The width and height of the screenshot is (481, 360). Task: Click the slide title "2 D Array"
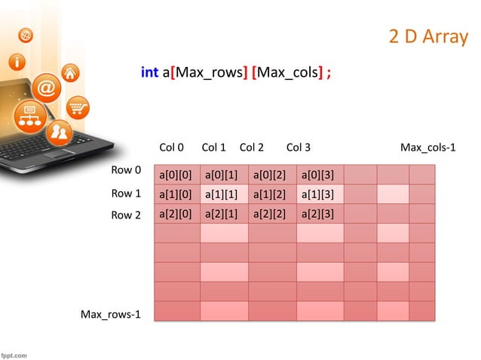pyautogui.click(x=427, y=37)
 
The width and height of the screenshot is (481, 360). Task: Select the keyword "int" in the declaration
pyautogui.click(x=149, y=73)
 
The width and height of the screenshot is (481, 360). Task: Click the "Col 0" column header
pyautogui.click(x=172, y=147)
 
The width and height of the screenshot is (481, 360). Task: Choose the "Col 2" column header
pyautogui.click(x=251, y=147)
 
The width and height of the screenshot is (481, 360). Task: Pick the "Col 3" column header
pyautogui.click(x=299, y=147)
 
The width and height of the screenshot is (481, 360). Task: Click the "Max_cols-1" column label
pyautogui.click(x=427, y=147)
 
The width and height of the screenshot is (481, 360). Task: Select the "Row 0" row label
pyautogui.click(x=126, y=170)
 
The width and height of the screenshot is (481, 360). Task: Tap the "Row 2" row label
pyautogui.click(x=126, y=215)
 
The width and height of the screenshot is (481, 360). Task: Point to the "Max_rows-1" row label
pyautogui.click(x=111, y=313)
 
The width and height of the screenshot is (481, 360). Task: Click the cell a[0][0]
pyautogui.click(x=176, y=175)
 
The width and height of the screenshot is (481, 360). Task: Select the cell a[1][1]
pyautogui.click(x=222, y=194)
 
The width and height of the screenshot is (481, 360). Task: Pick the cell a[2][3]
pyautogui.click(x=317, y=214)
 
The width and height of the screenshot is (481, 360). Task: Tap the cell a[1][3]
pyautogui.click(x=317, y=194)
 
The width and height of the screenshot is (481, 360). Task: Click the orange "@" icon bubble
pyautogui.click(x=46, y=89)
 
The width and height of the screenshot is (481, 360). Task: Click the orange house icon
pyautogui.click(x=70, y=74)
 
